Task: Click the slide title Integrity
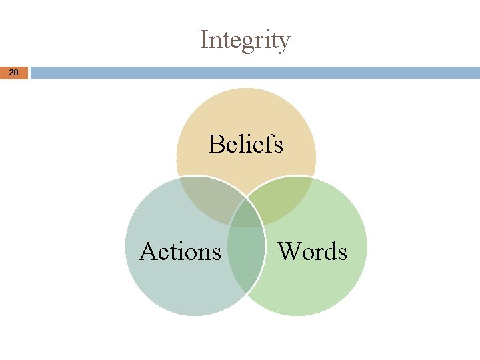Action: (245, 41)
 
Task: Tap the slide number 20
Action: (14, 72)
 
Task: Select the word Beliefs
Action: (245, 143)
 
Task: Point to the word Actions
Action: (180, 251)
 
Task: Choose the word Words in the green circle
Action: (312, 251)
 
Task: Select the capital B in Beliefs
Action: (216, 143)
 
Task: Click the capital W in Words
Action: (289, 251)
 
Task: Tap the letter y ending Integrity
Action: (284, 43)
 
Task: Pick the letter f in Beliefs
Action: (266, 143)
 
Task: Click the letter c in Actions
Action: (164, 253)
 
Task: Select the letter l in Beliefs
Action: (243, 143)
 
